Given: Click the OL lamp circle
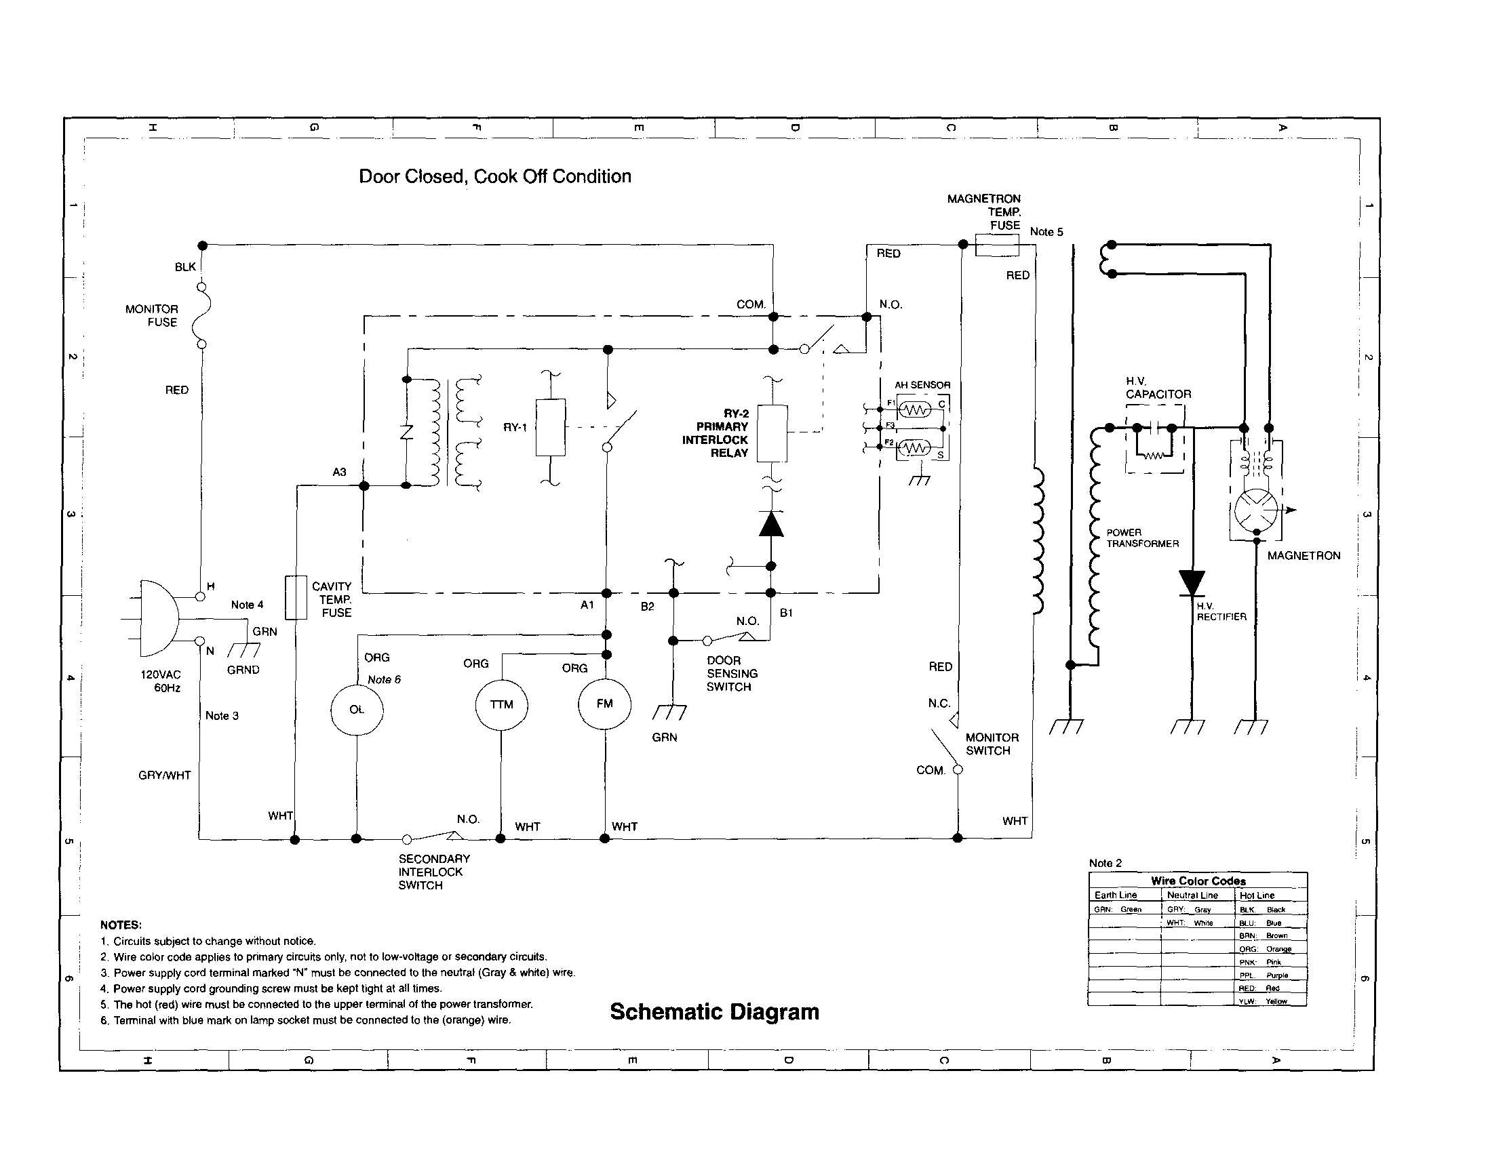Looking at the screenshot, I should pyautogui.click(x=357, y=710).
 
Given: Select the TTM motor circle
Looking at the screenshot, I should pyautogui.click(x=502, y=705).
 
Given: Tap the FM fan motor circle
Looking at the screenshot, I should pyautogui.click(x=604, y=704).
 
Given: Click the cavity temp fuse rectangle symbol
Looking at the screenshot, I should pyautogui.click(x=296, y=597).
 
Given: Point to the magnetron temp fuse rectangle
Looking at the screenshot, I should pyautogui.click(x=996, y=245).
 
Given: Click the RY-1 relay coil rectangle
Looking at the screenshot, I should pyautogui.click(x=551, y=427).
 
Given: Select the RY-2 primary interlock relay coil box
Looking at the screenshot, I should pyautogui.click(x=772, y=433).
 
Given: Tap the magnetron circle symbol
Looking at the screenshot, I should pyautogui.click(x=1256, y=510).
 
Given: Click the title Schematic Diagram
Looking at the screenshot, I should pyautogui.click(x=714, y=1012).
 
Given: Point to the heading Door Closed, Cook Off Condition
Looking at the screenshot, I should pyautogui.click(x=494, y=177).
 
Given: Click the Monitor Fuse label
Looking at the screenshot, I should pyautogui.click(x=152, y=316).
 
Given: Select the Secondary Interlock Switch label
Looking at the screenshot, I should pyautogui.click(x=433, y=872).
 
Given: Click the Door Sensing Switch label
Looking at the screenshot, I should pyautogui.click(x=731, y=673).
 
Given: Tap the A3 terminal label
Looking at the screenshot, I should pyautogui.click(x=339, y=472).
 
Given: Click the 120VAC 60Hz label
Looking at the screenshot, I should pyautogui.click(x=161, y=681).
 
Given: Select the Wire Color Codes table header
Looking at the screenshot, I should pyautogui.click(x=1198, y=881).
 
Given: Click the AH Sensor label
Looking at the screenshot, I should pyautogui.click(x=922, y=385).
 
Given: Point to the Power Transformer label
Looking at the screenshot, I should pyautogui.click(x=1142, y=538).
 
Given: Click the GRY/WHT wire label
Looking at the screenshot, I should pyautogui.click(x=164, y=775).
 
